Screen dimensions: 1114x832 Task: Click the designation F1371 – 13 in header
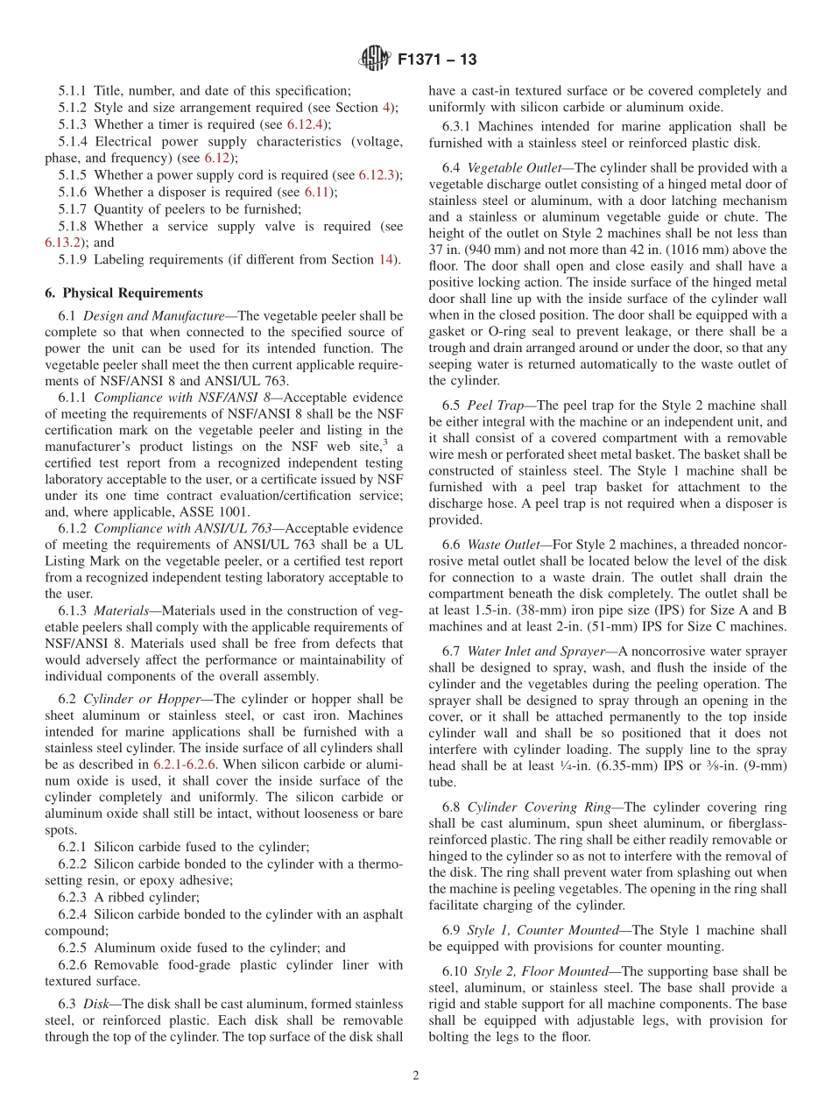click(x=437, y=60)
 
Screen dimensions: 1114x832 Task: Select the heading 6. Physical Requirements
click(x=123, y=293)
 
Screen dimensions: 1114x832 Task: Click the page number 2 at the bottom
click(x=416, y=1076)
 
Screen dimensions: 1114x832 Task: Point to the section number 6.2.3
click(x=73, y=897)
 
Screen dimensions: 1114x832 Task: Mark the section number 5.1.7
click(x=73, y=209)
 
